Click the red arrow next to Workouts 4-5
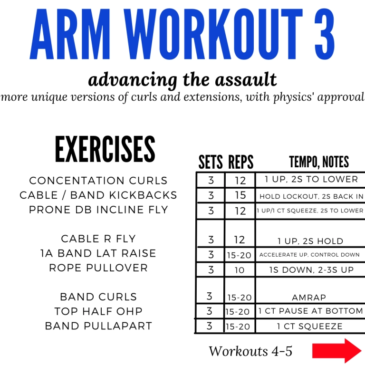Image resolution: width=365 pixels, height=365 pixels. pos(336,351)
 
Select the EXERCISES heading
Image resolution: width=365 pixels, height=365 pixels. pos(105,149)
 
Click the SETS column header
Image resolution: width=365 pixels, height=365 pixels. pos(211,163)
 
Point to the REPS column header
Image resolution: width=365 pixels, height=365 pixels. pos(240,163)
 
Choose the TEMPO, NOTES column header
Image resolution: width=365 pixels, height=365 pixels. pos(319,163)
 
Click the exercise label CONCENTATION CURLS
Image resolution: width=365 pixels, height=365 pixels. pos(98,181)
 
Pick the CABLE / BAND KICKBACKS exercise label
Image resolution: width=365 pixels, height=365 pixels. pos(98,195)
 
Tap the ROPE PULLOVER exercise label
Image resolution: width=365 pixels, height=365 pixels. pos(98,268)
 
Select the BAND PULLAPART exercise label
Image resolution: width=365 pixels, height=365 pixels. pos(98,326)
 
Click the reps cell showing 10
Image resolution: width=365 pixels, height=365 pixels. pos(240,270)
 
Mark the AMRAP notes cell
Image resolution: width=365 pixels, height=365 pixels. pos(309,298)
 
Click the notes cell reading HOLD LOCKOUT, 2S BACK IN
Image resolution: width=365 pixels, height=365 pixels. pos(311,196)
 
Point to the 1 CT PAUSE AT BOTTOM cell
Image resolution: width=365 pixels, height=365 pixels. pos(310,311)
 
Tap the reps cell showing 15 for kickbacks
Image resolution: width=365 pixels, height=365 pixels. pos(240,195)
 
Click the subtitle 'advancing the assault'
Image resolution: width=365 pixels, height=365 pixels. pos(182,79)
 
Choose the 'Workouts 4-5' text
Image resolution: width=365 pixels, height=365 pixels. pos(250,351)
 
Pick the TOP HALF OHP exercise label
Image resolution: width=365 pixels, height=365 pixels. pos(98,311)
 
